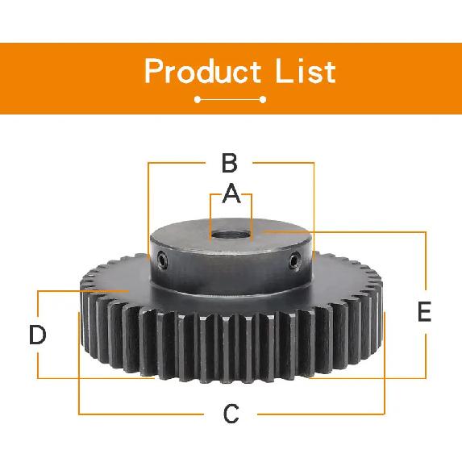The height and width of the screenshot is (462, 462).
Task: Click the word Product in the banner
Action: click(203, 71)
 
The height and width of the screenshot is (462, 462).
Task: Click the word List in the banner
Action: click(306, 71)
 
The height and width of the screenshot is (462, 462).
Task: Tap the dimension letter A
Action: click(231, 194)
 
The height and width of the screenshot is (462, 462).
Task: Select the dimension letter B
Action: click(229, 163)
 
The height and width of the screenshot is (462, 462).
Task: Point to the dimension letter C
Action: click(231, 414)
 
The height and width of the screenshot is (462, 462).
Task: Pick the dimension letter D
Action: click(38, 335)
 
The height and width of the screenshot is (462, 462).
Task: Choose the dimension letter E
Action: click(424, 311)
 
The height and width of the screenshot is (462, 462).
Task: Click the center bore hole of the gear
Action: click(231, 235)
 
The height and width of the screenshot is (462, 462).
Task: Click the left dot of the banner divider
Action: click(198, 100)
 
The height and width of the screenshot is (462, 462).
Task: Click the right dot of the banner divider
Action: click(263, 100)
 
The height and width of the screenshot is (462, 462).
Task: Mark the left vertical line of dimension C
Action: click(79, 363)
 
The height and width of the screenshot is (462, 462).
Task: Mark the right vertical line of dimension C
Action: click(385, 363)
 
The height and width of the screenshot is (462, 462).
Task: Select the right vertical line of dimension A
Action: click(252, 217)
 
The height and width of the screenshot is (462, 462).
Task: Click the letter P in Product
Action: click(154, 71)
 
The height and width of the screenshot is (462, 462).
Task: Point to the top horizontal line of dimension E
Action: click(345, 232)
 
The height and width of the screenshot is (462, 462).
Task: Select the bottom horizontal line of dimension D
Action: click(96, 378)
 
